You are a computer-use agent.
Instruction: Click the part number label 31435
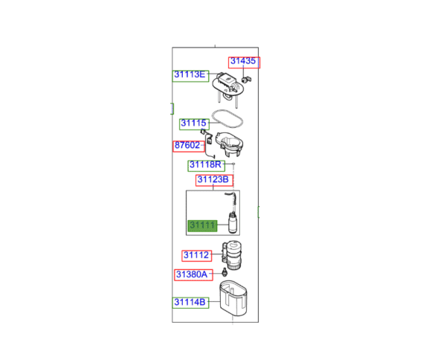click(x=244, y=62)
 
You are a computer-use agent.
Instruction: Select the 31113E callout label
click(x=191, y=74)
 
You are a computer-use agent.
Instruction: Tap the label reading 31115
click(x=193, y=123)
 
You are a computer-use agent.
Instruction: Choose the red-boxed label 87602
click(x=187, y=147)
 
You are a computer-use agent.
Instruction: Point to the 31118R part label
click(x=204, y=164)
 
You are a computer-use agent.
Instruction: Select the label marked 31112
click(x=196, y=255)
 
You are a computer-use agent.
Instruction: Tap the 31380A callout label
click(x=192, y=274)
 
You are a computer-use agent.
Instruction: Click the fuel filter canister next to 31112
click(x=233, y=257)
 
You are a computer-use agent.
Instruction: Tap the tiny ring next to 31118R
click(x=233, y=163)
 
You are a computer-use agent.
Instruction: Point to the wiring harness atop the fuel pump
click(x=230, y=199)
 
